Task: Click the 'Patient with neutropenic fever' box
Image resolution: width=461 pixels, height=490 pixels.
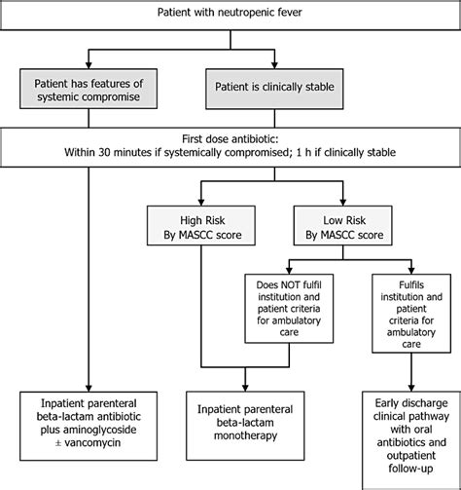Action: click(230, 13)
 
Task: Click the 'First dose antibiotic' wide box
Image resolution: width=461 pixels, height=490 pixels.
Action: click(230, 146)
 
